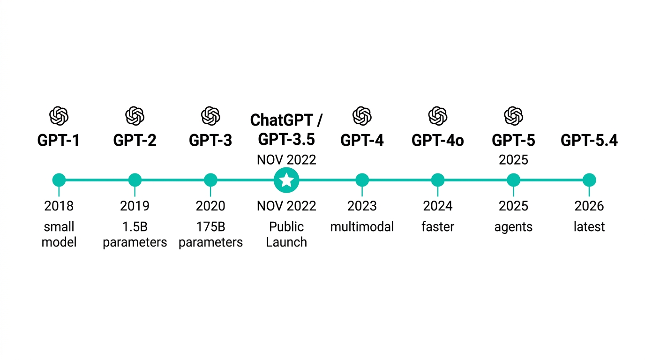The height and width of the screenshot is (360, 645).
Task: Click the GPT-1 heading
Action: click(59, 141)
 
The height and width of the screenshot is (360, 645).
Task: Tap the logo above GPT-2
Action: click(135, 116)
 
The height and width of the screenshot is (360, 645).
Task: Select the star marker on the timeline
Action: click(286, 180)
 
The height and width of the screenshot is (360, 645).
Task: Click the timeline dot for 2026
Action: click(589, 180)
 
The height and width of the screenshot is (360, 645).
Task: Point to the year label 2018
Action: click(59, 206)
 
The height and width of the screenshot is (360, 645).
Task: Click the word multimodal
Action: click(362, 227)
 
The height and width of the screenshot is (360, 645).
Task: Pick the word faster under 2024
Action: click(438, 227)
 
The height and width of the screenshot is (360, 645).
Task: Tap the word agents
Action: click(513, 227)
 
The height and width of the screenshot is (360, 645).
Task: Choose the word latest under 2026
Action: click(589, 227)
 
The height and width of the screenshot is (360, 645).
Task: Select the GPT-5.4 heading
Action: click(589, 141)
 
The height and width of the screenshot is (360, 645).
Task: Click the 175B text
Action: click(210, 227)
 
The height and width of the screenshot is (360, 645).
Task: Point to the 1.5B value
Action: click(135, 227)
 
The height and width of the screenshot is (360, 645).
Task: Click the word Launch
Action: click(286, 242)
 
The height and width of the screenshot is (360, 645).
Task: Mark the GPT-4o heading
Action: click(438, 141)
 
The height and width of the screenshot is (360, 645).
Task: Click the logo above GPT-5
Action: click(513, 116)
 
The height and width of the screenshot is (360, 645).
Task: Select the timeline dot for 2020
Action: click(210, 180)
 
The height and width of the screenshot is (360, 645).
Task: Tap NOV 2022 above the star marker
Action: click(286, 160)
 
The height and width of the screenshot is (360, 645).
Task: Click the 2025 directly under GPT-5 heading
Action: click(513, 160)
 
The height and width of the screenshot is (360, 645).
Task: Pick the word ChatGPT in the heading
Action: click(281, 120)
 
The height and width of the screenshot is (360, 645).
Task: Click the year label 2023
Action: click(362, 206)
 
